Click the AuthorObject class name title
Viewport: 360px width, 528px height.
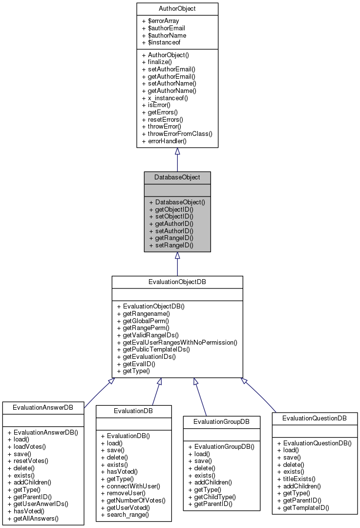point(177,9)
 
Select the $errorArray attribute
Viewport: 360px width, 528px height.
point(160,21)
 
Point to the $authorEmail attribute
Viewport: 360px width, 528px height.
point(163,28)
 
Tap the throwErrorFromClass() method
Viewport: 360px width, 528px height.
point(177,133)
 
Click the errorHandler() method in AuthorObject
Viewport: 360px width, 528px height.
point(164,141)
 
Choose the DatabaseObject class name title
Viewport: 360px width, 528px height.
point(177,177)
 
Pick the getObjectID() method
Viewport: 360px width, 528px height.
point(171,209)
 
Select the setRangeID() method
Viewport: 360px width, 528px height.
point(171,245)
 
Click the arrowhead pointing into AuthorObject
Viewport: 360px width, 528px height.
point(177,152)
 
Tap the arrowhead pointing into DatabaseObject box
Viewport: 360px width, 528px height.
point(177,256)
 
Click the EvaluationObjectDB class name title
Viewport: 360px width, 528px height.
point(177,282)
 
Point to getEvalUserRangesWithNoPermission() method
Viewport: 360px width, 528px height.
point(177,342)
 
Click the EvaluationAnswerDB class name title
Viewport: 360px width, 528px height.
point(43,407)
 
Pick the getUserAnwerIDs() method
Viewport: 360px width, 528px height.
point(38,504)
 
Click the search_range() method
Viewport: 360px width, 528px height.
point(125,515)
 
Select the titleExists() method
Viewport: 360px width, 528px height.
point(296,479)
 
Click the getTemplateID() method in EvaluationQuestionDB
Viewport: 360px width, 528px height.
point(303,508)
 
